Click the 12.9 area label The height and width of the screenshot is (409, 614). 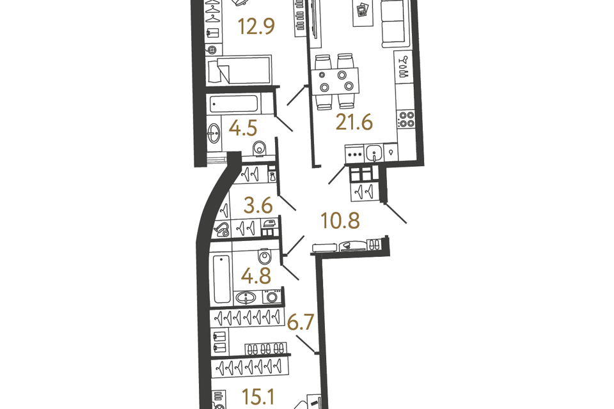(256, 27)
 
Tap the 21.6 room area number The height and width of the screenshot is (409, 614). (354, 122)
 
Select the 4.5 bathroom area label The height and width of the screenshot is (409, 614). (243, 128)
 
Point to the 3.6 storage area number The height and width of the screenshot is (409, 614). (258, 205)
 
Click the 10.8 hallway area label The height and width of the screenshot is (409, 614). (340, 220)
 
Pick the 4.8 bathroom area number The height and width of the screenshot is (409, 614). (256, 276)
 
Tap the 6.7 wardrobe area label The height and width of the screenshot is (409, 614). (301, 323)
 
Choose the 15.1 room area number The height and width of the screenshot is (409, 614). (258, 397)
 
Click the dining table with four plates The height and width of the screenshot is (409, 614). (336, 81)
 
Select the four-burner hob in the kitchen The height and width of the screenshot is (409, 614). (405, 120)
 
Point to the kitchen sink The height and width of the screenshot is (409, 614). (374, 153)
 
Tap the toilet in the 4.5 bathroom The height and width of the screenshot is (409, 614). (259, 149)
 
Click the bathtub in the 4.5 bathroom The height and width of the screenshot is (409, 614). (234, 104)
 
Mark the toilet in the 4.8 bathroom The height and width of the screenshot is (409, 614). (265, 256)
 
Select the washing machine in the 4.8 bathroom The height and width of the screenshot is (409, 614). (272, 297)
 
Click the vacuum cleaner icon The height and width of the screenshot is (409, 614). (222, 229)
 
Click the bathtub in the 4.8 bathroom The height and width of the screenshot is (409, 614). (222, 278)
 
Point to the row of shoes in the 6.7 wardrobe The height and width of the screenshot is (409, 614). (265, 349)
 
